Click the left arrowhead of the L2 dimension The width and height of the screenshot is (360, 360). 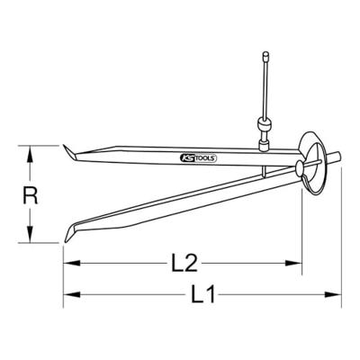pyautogui.click(x=68, y=264)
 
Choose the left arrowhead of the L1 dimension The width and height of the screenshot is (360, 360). pyautogui.click(x=68, y=294)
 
